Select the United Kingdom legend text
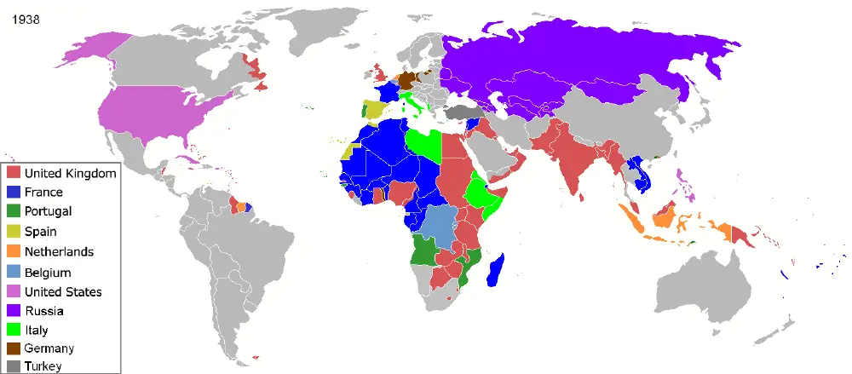[70, 174]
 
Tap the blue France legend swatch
[14, 193]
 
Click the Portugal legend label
[49, 212]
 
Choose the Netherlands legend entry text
[59, 251]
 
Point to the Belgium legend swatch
[14, 272]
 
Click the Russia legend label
[43, 311]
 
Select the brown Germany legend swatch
[14, 348]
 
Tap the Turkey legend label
[43, 366]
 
